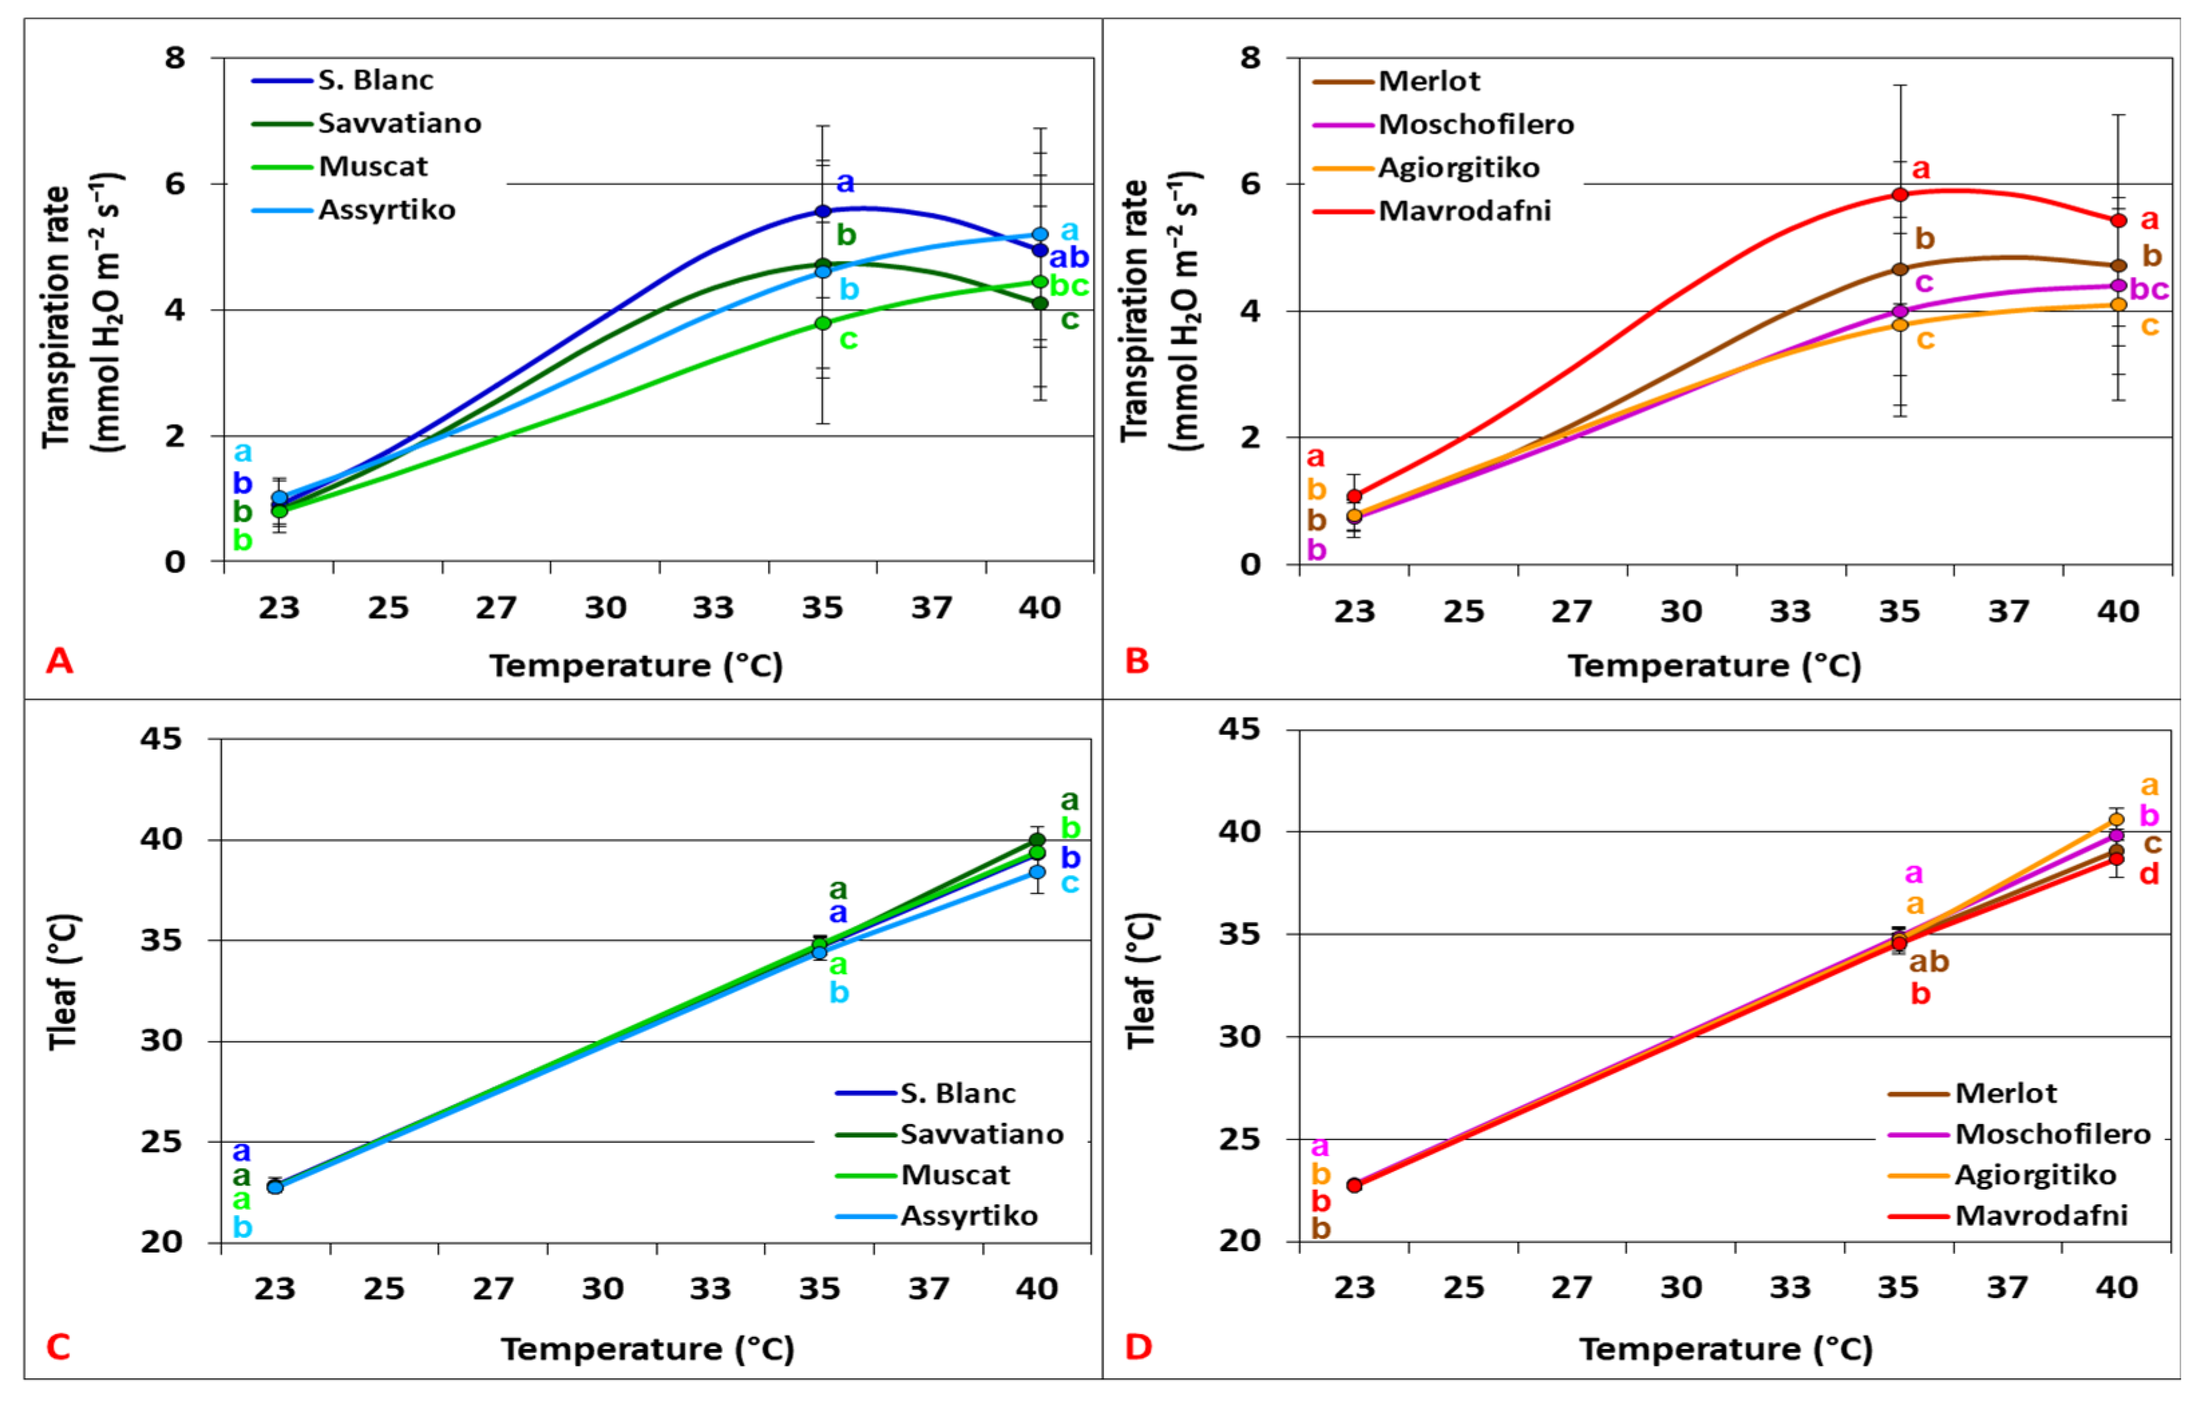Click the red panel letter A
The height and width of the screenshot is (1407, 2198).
tap(60, 659)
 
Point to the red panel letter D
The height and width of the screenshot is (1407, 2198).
tap(1138, 1347)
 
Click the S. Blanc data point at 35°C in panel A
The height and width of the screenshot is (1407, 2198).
tap(823, 211)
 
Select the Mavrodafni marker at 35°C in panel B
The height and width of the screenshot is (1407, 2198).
tap(1900, 195)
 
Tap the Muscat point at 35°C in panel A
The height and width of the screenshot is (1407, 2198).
tap(823, 324)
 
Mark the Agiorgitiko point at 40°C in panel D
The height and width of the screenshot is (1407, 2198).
tap(2116, 820)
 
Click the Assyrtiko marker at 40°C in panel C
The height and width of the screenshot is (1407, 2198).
tap(1037, 873)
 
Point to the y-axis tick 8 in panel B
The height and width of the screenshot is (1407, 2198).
tap(1250, 58)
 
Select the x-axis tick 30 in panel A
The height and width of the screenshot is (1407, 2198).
tap(605, 608)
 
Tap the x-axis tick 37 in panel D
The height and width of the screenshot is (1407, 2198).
tap(2008, 1288)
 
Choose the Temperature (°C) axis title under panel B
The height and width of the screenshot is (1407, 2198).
tap(1714, 665)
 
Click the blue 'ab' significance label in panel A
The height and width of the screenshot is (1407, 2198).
tap(1068, 257)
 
